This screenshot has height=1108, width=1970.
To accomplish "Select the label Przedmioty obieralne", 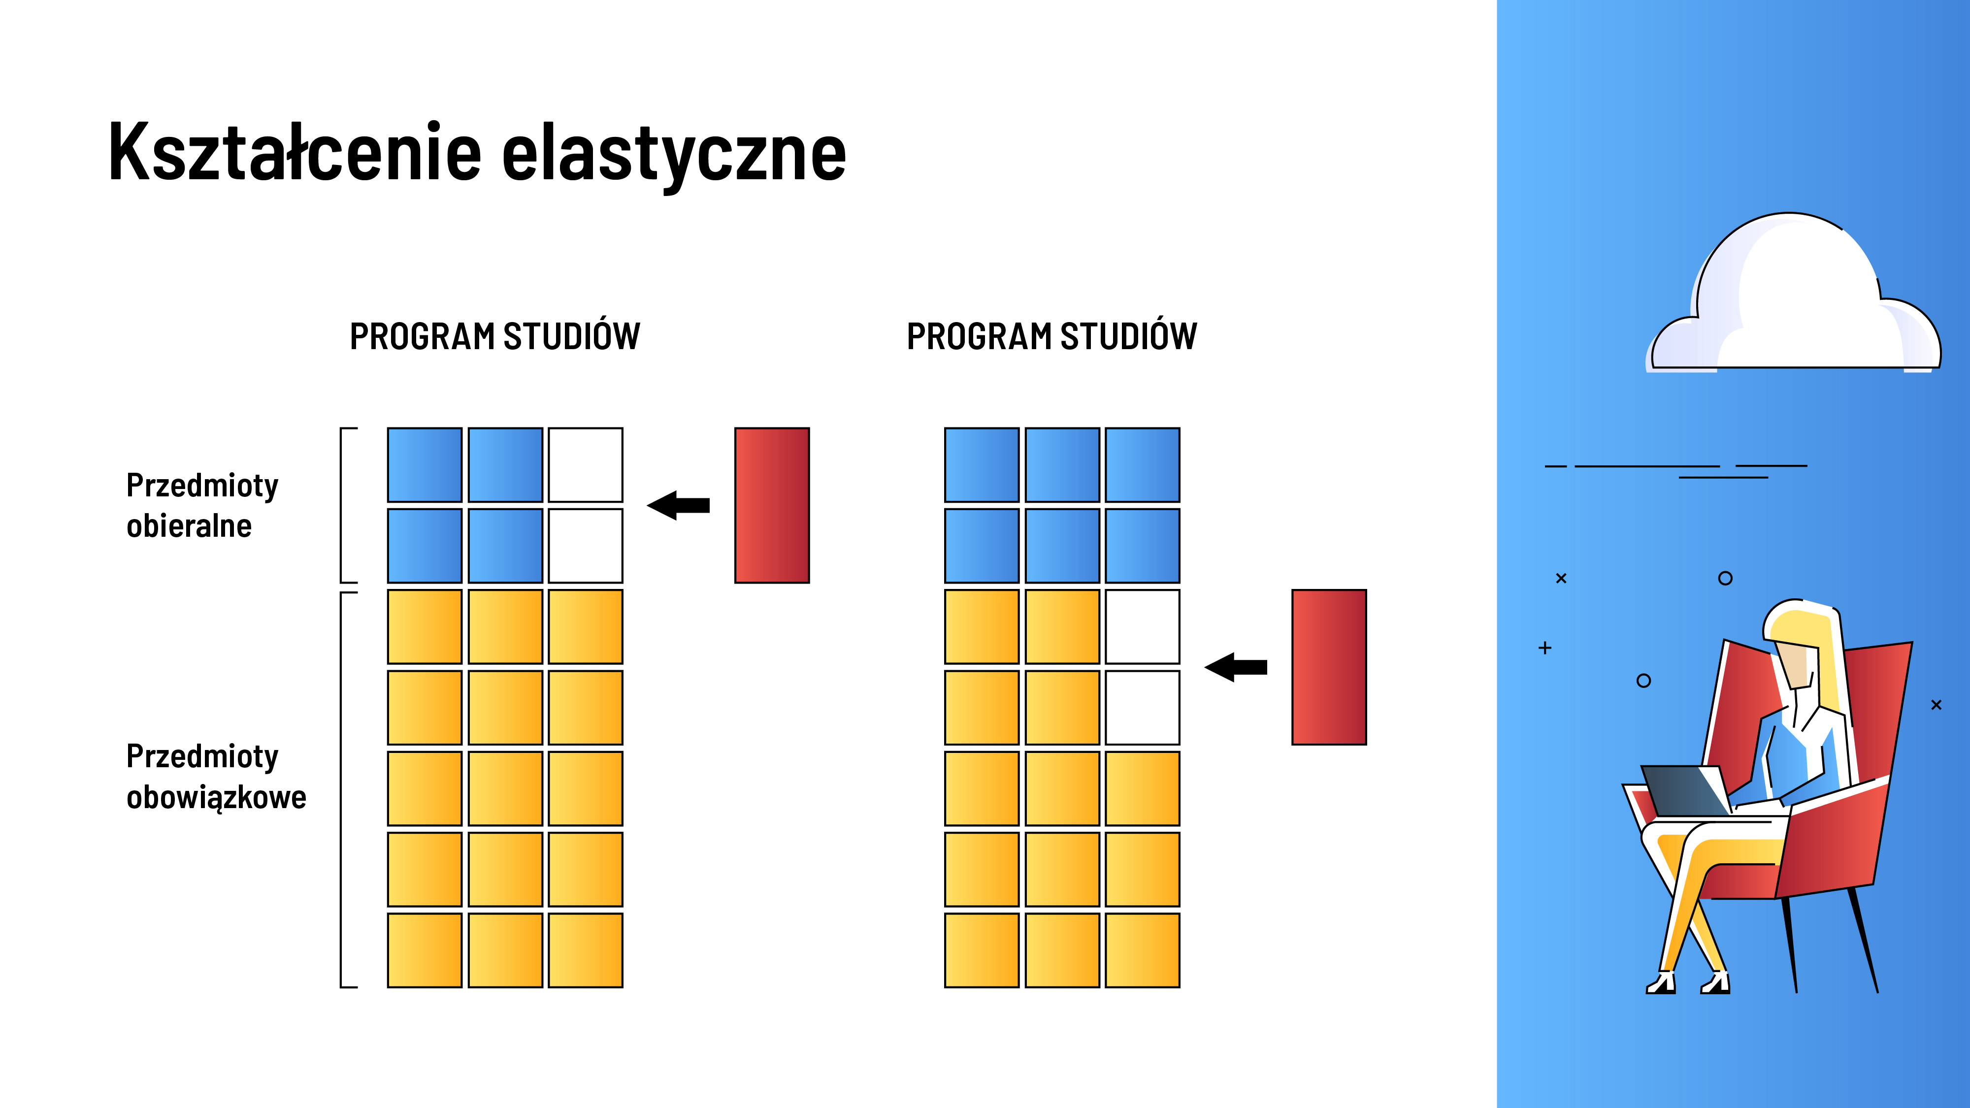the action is point(202,505).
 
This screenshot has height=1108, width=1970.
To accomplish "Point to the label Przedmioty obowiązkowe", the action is point(216,776).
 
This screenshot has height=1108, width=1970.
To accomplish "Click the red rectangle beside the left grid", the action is point(772,505).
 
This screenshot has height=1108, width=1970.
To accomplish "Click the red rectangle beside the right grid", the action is point(1329,667).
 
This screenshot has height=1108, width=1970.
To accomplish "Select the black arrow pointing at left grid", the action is point(678,505).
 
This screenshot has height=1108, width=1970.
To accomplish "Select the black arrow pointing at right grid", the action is point(1236,667).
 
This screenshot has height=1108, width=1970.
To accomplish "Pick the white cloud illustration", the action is point(1793,294).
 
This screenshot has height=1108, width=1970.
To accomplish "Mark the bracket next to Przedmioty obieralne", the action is point(342,505).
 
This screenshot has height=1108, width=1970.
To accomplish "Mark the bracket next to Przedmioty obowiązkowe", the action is point(342,789).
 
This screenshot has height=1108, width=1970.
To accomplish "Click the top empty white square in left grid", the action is point(586,465).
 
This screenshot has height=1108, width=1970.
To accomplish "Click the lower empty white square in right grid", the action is point(1143,707).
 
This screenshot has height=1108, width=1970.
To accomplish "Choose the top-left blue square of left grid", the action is point(425,465).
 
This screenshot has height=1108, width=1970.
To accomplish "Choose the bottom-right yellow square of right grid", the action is point(1143,950).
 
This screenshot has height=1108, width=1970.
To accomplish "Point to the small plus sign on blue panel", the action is point(1545,648).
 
